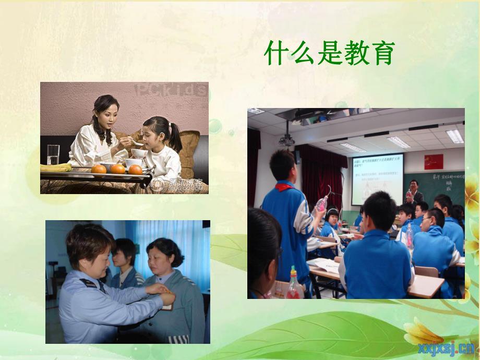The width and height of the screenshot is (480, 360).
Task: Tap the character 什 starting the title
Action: tap(277, 53)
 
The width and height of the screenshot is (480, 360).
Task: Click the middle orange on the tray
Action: tap(118, 169)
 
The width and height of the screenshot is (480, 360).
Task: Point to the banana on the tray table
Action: tap(56, 167)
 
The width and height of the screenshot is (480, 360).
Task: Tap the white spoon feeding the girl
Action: tap(137, 142)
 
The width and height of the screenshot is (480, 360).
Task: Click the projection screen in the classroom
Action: tap(377, 178)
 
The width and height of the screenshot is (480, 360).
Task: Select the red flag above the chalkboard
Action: tap(433, 161)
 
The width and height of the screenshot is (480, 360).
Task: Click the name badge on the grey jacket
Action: tap(167, 307)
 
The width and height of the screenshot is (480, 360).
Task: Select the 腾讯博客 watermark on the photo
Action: tap(179, 183)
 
